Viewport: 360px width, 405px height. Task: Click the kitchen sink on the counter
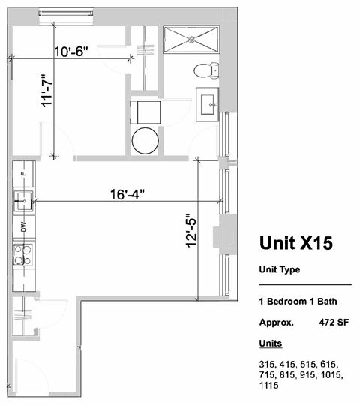point(22,200)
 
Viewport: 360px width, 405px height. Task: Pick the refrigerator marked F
point(23,174)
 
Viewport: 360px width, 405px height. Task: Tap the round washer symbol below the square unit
point(145,139)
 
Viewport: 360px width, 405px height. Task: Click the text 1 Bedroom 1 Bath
point(298,302)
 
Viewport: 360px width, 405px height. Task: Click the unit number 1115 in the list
point(266,385)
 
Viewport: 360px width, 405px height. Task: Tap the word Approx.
point(275,323)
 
